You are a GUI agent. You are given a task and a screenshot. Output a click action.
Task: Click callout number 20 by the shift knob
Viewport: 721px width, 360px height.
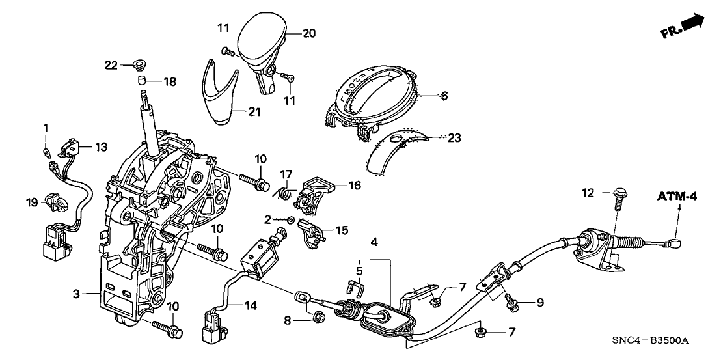(309, 33)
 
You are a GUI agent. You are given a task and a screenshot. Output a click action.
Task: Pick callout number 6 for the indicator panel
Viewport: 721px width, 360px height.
(444, 96)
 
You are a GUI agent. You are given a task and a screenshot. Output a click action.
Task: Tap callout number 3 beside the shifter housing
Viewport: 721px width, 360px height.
(77, 294)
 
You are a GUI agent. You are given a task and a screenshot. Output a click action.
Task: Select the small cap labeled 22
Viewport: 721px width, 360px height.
(137, 64)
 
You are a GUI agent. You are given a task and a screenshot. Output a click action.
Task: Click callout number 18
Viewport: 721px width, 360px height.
(169, 81)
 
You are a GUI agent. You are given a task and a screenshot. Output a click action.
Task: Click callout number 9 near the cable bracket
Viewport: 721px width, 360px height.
(539, 302)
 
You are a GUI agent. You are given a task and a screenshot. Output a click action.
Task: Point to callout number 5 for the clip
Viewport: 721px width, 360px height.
(358, 269)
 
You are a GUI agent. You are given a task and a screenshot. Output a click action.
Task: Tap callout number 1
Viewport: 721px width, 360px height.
(46, 126)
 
